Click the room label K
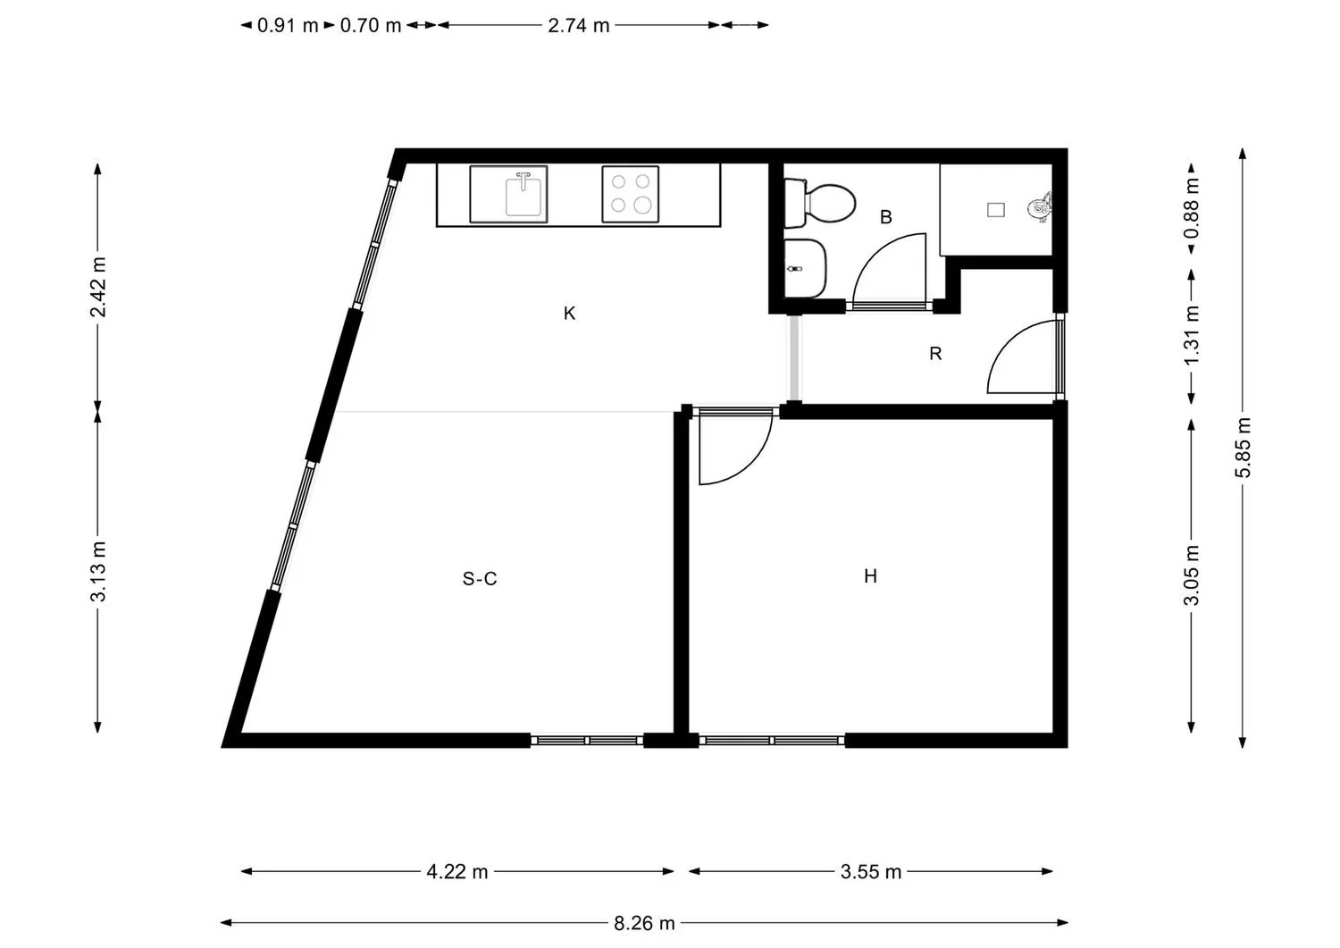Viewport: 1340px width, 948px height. [x=569, y=313]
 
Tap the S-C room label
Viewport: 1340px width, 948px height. [x=480, y=579]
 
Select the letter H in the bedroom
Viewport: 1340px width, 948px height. [x=870, y=576]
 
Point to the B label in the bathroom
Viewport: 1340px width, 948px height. [x=886, y=216]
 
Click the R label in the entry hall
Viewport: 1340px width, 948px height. [x=935, y=354]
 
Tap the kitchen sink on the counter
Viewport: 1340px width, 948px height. [x=508, y=195]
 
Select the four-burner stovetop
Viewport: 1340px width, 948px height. [x=631, y=195]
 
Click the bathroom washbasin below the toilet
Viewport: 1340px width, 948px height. [x=805, y=268]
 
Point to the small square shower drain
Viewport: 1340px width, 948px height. [x=995, y=210]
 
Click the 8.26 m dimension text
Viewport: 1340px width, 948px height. [x=644, y=924]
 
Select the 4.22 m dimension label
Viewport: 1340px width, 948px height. [x=457, y=872]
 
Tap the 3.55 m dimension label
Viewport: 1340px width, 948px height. [x=870, y=872]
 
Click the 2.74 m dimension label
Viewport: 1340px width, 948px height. [x=579, y=26]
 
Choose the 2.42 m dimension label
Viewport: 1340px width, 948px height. [x=98, y=287]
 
